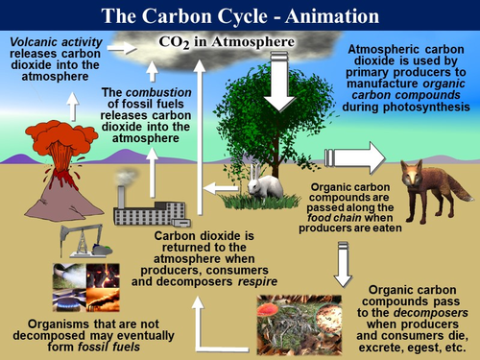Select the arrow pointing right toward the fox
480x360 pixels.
355,157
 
